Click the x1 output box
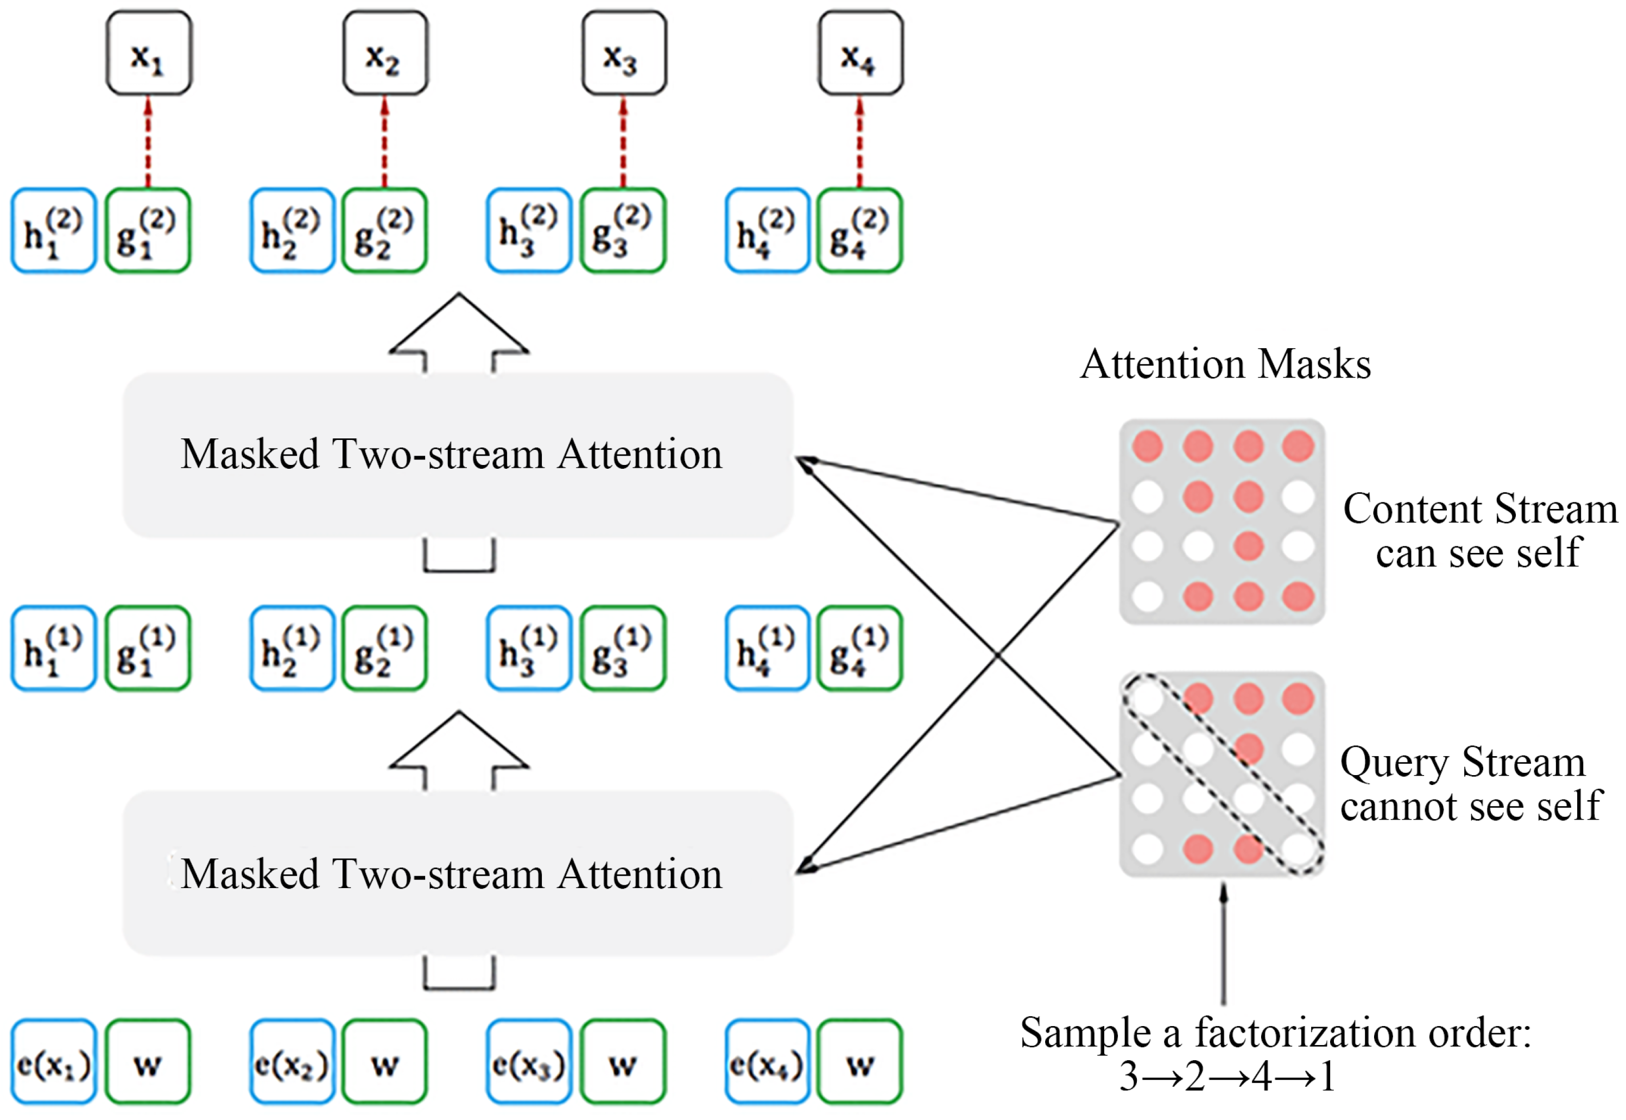(x=149, y=53)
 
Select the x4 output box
(x=860, y=53)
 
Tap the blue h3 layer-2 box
(x=528, y=230)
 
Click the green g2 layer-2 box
(x=384, y=230)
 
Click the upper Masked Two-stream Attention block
(x=457, y=455)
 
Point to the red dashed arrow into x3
(x=623, y=142)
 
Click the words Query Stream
(x=1462, y=762)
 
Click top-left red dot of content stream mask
(x=1148, y=446)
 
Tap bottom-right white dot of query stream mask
(x=1298, y=849)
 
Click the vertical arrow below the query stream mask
(x=1223, y=944)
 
